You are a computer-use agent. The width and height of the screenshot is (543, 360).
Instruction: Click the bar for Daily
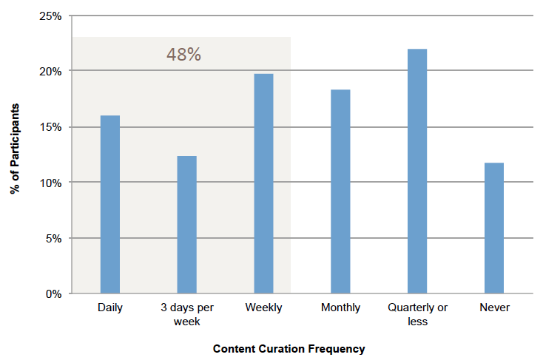[x=110, y=204]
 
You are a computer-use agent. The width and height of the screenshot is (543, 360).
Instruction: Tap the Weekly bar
[x=263, y=183]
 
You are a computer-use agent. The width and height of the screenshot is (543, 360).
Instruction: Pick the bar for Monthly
[x=340, y=191]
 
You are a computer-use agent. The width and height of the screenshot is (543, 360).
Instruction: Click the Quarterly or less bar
[x=417, y=171]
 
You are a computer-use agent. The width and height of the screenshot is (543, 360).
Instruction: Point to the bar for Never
[x=494, y=228]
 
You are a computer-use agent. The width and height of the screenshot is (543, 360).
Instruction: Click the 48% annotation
[x=183, y=55]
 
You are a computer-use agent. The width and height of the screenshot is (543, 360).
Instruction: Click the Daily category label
[x=110, y=308]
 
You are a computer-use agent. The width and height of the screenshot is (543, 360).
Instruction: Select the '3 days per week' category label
[x=187, y=314]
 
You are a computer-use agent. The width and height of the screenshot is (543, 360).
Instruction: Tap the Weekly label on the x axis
[x=264, y=308]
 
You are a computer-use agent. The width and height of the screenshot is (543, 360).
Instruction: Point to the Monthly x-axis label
[x=341, y=308]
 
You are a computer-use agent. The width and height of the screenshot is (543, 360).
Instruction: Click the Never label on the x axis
[x=494, y=308]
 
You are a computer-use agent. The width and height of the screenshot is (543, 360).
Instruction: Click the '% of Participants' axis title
[x=15, y=149]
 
